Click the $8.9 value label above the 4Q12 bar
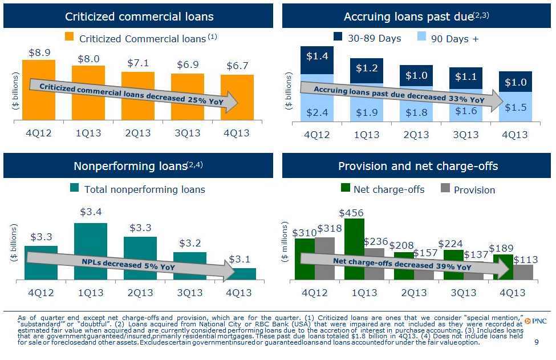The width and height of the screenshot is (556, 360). [x=39, y=52]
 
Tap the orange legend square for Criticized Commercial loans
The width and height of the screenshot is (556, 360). [x=70, y=38]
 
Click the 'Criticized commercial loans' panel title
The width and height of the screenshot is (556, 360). [x=139, y=17]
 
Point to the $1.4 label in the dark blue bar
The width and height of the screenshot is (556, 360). [x=317, y=56]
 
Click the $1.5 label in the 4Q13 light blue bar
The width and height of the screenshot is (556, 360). [x=515, y=108]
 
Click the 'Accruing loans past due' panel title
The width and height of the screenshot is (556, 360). [x=416, y=17]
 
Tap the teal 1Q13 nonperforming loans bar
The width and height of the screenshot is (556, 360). [x=90, y=251]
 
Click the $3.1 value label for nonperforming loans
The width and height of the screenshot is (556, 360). [x=240, y=260]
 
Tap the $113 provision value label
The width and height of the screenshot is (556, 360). [x=525, y=260]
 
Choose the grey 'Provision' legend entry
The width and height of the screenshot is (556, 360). [x=468, y=189]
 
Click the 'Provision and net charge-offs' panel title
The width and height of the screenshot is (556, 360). [x=417, y=166]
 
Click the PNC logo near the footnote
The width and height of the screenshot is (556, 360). [x=535, y=321]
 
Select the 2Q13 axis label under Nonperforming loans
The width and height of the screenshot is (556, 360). [x=140, y=293]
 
